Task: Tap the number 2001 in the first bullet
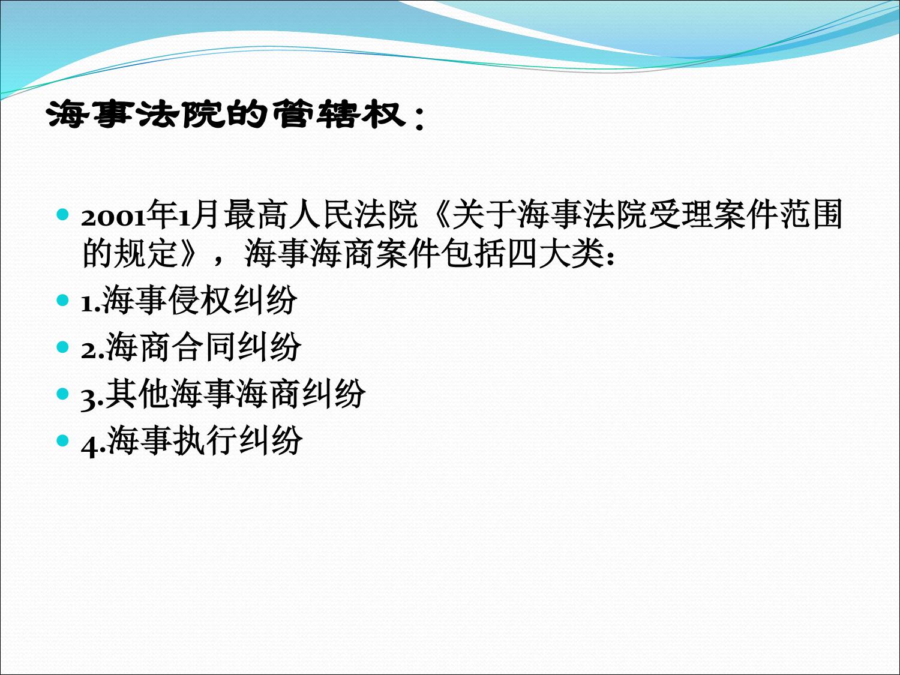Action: click(113, 218)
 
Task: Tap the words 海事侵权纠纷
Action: click(199, 301)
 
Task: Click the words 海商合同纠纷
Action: click(203, 347)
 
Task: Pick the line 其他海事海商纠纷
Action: click(235, 394)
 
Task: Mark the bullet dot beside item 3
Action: click(63, 394)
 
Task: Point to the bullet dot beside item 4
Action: click(63, 440)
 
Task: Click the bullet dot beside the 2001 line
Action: click(63, 214)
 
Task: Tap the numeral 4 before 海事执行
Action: click(89, 447)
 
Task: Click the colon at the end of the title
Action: click(419, 119)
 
